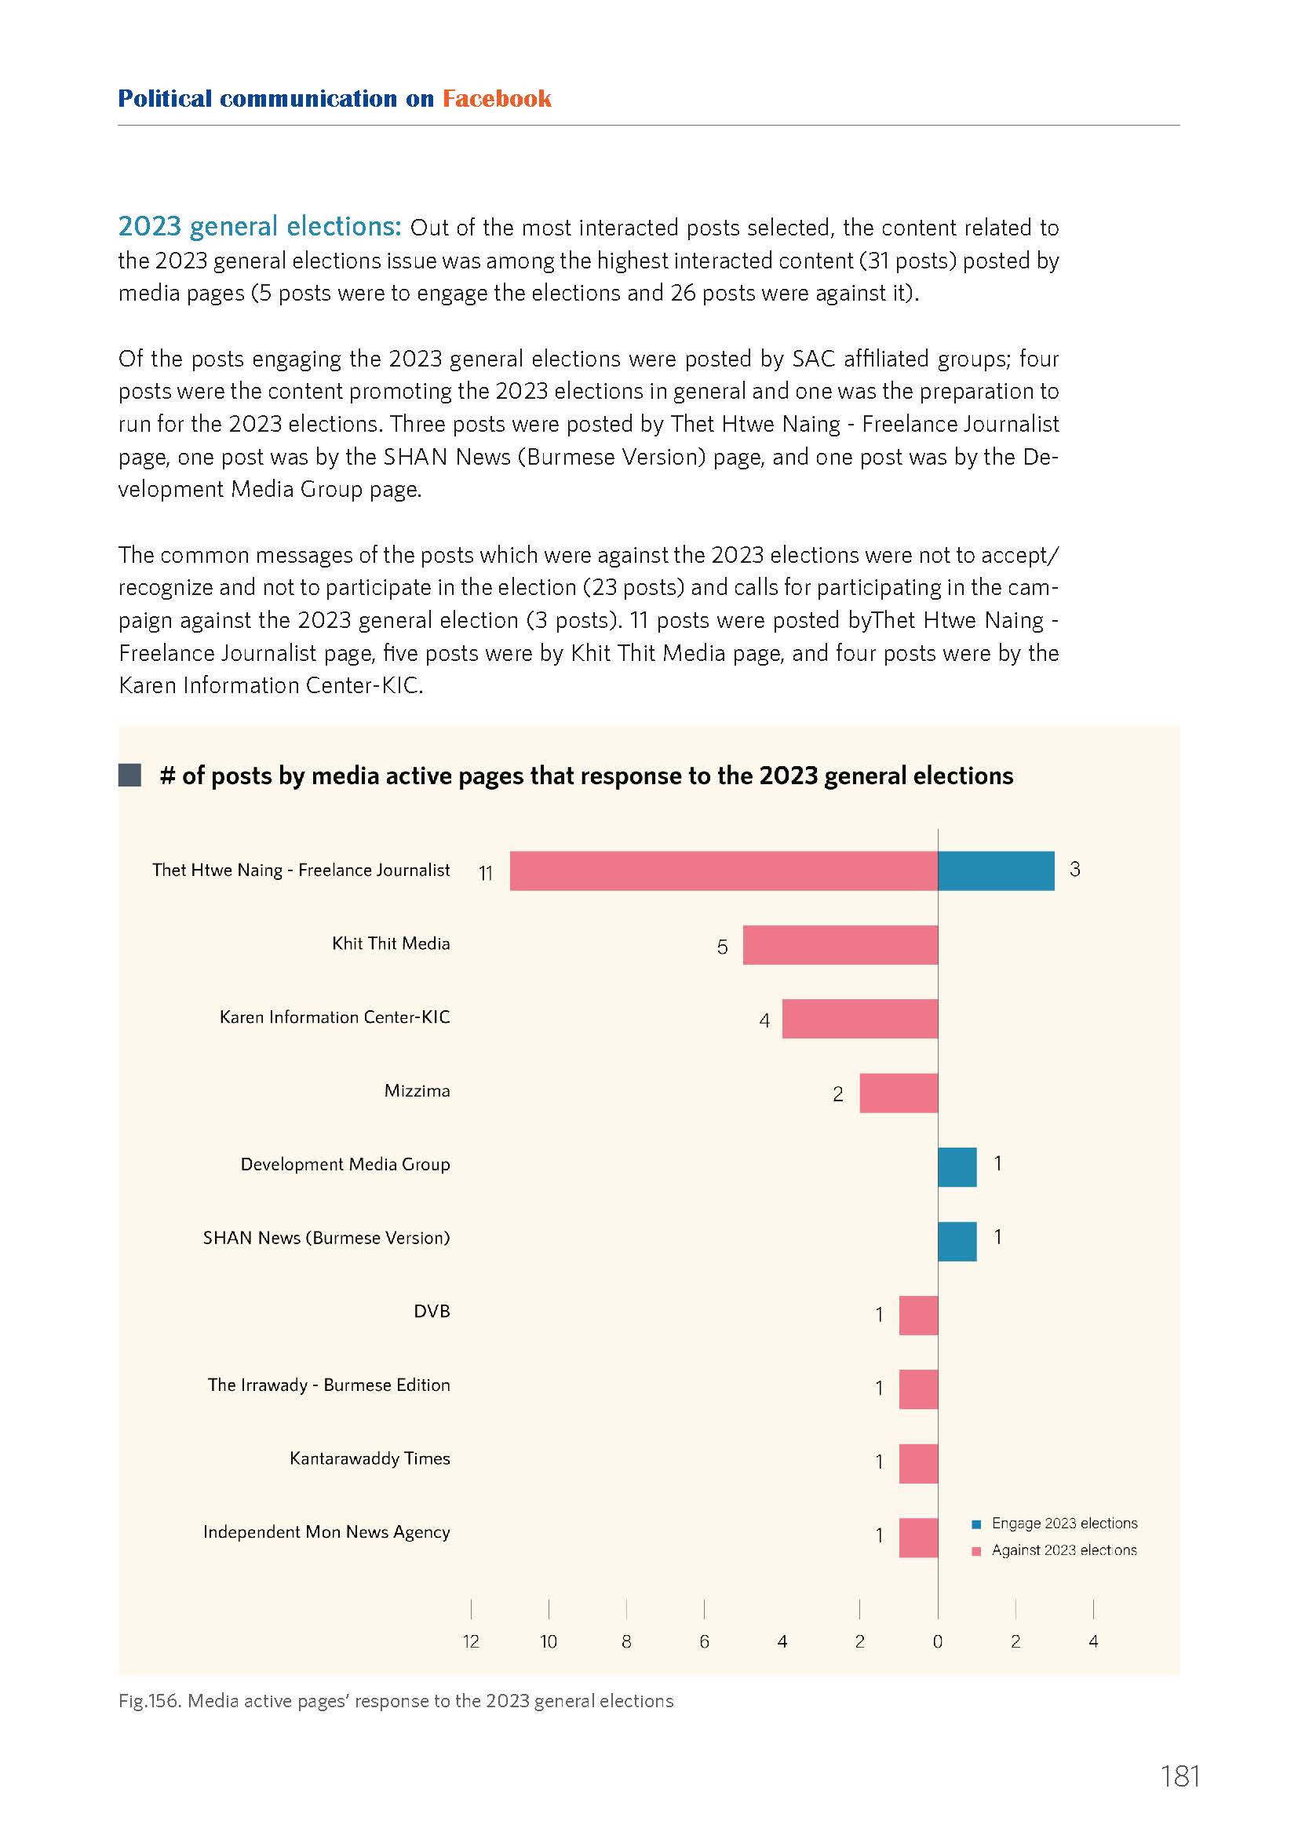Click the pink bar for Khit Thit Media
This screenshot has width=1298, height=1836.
(x=840, y=944)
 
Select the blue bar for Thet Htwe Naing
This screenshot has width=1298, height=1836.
(x=996, y=871)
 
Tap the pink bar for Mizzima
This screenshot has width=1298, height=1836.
(x=899, y=1093)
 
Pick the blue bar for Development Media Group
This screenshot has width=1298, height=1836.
(x=957, y=1166)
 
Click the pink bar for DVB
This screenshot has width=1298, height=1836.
(x=918, y=1316)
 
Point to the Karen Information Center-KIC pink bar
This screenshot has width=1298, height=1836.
(x=860, y=1019)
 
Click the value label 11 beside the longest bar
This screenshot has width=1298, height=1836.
(x=486, y=873)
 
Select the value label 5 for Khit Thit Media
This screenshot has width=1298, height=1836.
(x=723, y=947)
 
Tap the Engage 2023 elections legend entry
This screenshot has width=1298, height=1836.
(x=1054, y=1524)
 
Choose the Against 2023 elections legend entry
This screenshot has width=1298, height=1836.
(x=1054, y=1550)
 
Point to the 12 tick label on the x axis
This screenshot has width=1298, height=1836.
(x=471, y=1641)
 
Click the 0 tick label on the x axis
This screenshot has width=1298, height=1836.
(x=938, y=1641)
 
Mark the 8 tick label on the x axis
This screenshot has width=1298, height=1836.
(x=626, y=1641)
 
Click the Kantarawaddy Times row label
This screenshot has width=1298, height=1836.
(x=370, y=1458)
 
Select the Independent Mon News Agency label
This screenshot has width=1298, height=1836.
(x=327, y=1532)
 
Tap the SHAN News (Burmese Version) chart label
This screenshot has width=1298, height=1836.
(x=327, y=1238)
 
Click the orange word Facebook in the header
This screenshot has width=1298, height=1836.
(x=497, y=98)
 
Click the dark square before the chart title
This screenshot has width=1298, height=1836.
(x=129, y=775)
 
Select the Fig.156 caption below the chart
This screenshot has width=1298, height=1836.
(x=396, y=1701)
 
